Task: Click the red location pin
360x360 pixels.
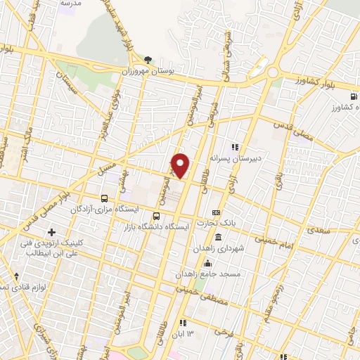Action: [x=181, y=165]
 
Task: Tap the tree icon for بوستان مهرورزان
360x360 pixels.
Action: [x=147, y=60]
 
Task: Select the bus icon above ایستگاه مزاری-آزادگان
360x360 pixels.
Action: [x=105, y=198]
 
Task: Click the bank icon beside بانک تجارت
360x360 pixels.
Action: [x=216, y=212]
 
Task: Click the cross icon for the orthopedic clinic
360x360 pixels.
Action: [x=51, y=231]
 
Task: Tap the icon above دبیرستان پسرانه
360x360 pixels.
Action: [x=236, y=147]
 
